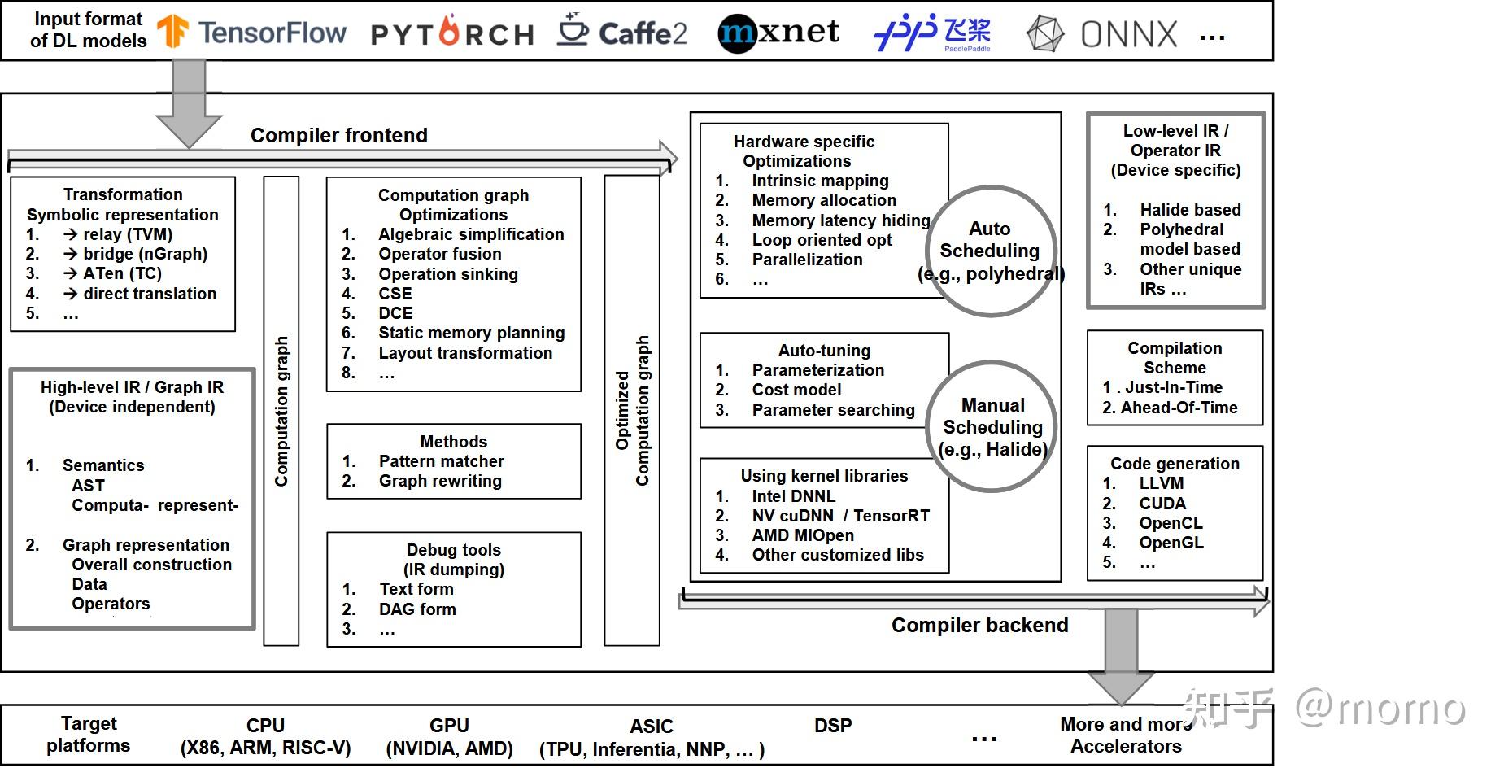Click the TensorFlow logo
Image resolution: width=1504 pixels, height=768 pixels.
point(251,33)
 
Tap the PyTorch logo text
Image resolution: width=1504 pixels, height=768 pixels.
point(452,33)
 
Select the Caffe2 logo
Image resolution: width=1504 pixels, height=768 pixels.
point(622,33)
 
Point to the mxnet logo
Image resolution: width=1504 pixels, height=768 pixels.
point(778,33)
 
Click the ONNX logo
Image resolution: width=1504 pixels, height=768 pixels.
point(1101,34)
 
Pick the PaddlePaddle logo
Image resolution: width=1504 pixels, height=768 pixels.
point(932,33)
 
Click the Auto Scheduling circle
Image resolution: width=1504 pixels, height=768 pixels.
point(990,251)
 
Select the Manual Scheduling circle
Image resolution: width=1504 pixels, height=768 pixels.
point(992,426)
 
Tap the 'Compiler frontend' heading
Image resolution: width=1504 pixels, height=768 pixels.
point(338,135)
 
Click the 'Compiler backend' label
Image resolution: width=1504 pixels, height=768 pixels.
point(979,625)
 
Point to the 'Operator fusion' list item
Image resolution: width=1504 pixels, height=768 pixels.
point(439,254)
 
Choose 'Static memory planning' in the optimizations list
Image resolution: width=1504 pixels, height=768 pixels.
point(471,333)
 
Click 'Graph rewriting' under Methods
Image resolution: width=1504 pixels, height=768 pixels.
point(440,481)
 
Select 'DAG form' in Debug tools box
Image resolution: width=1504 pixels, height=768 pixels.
point(417,609)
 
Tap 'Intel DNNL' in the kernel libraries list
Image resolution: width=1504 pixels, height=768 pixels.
point(793,496)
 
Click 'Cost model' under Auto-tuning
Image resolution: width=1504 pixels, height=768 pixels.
point(796,390)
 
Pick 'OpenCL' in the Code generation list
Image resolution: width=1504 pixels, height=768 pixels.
point(1171,523)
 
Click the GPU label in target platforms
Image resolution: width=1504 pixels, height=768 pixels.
point(449,726)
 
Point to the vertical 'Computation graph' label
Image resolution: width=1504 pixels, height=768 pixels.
point(281,411)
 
